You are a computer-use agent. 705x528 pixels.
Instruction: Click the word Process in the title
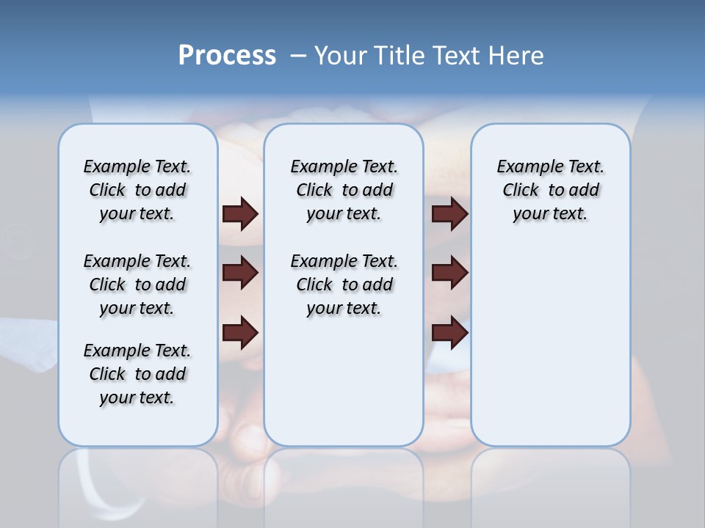(x=227, y=55)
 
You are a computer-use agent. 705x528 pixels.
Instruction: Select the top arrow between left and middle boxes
(x=240, y=213)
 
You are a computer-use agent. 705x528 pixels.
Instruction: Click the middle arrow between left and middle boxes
(x=240, y=273)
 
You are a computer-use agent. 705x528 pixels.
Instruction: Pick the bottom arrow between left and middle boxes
(x=240, y=334)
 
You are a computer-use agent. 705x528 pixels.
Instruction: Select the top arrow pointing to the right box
(x=449, y=213)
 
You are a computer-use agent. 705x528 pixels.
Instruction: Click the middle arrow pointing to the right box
(x=449, y=273)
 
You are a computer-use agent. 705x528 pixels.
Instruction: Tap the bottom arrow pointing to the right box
(x=449, y=334)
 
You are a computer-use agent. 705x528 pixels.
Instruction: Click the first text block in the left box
(x=137, y=190)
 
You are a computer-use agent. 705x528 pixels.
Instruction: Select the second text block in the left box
(x=137, y=285)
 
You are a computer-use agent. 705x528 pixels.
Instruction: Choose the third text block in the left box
(x=137, y=374)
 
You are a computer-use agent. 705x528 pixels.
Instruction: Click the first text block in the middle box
(x=344, y=190)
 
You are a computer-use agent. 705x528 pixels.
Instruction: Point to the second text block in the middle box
(x=344, y=285)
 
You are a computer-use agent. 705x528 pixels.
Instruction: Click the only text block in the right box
(x=550, y=190)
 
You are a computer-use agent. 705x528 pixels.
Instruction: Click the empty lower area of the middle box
(x=344, y=381)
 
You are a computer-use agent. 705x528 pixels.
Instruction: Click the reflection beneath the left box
(x=137, y=477)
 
